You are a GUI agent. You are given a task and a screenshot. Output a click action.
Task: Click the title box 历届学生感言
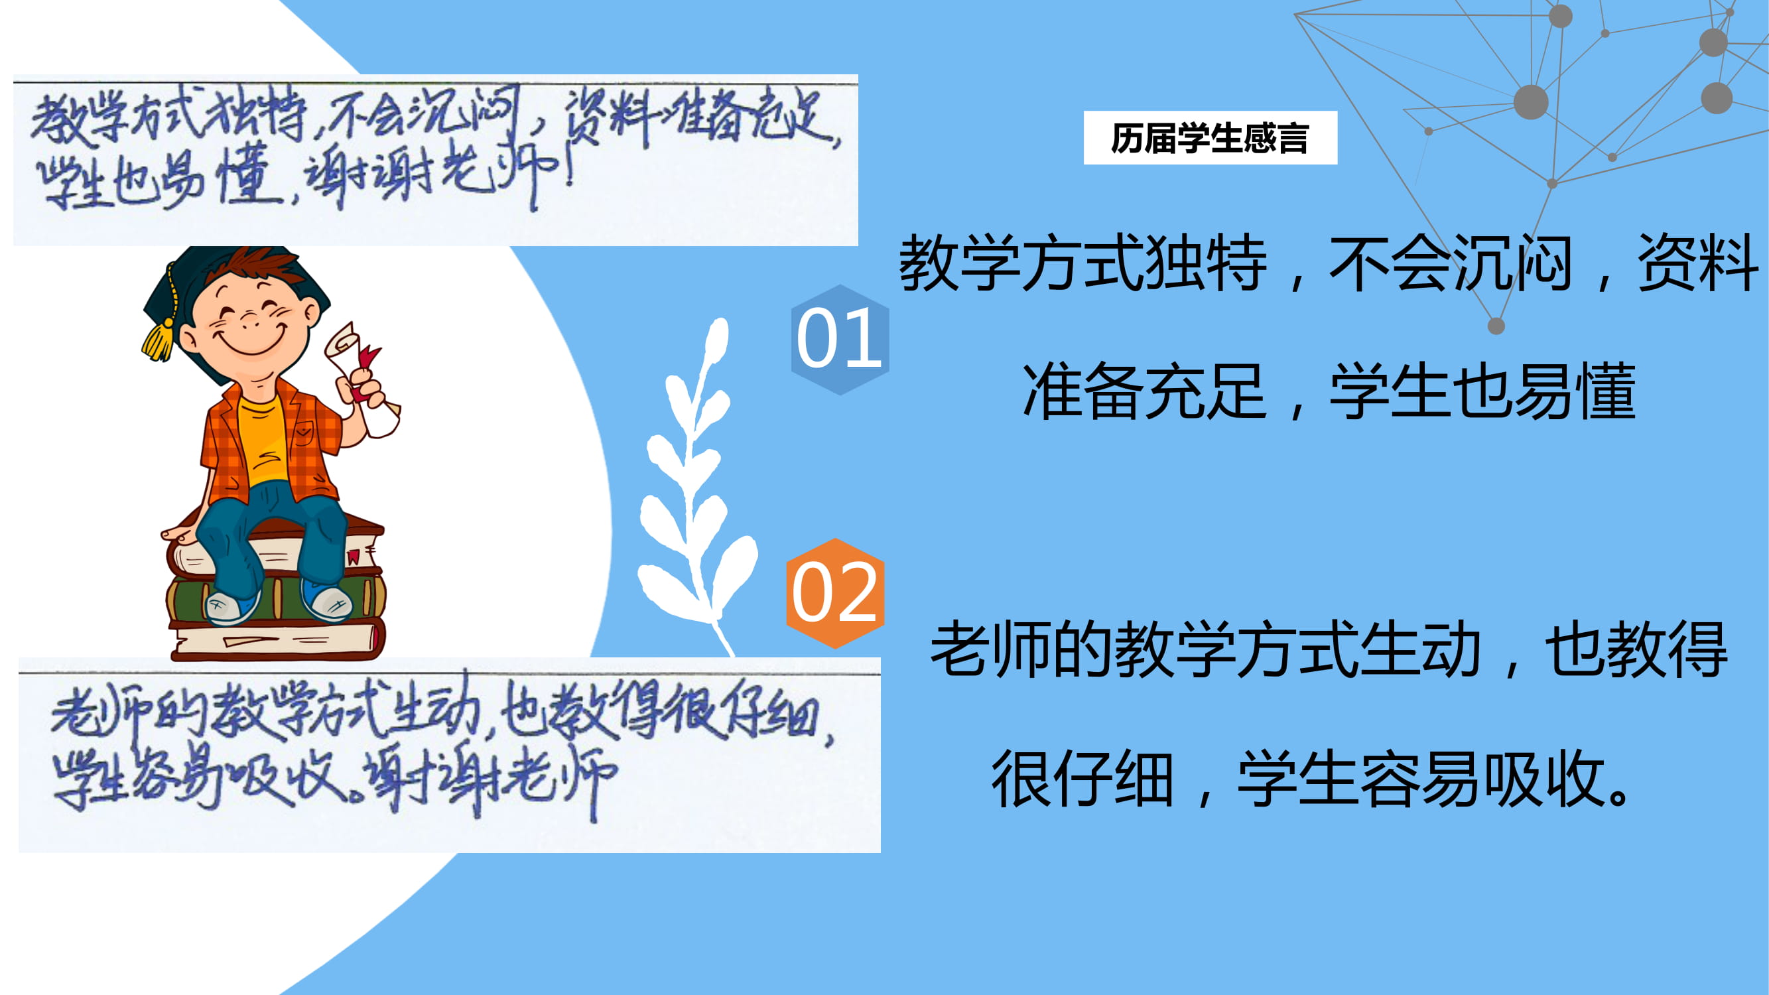[1210, 137]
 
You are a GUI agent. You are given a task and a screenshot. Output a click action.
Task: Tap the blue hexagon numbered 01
[840, 339]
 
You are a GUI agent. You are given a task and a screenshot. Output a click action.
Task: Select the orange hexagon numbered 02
[835, 593]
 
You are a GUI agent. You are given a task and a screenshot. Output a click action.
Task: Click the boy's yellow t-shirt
[263, 440]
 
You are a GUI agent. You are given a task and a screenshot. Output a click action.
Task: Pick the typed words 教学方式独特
[1082, 263]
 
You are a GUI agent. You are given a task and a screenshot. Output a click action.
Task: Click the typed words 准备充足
[1145, 391]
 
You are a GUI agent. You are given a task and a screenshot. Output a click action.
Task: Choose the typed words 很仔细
[1082, 778]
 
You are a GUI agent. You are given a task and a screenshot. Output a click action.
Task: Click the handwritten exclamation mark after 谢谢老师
[568, 171]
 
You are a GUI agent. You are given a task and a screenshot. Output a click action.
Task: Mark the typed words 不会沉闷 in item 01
[1451, 263]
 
